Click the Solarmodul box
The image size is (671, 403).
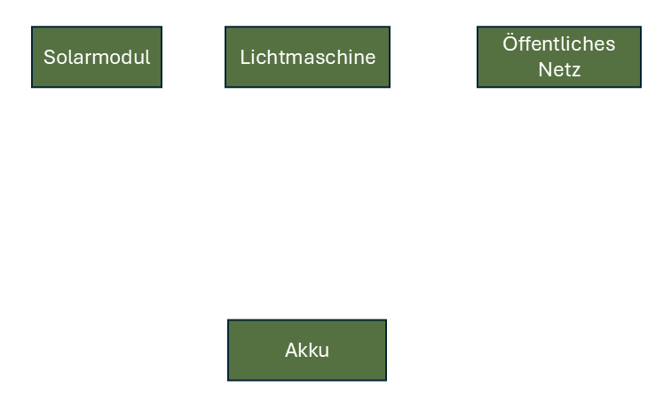coord(97,57)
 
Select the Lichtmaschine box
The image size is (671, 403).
coord(307,57)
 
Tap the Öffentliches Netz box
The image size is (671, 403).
coord(558,57)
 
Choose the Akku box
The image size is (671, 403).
coord(307,350)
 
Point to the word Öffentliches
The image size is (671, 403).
coord(558,44)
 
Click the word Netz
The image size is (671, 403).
coord(559,69)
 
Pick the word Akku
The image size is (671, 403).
coord(307,350)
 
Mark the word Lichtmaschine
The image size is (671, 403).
coord(307,57)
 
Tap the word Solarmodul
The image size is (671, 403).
coord(97,57)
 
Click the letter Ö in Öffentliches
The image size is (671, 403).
coord(509,43)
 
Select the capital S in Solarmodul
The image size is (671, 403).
coord(49,58)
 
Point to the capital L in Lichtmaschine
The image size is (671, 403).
coord(244,58)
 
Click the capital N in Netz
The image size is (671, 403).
coord(544,69)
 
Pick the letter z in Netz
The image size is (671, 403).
coord(576,70)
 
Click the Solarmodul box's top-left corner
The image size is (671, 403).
coord(32,27)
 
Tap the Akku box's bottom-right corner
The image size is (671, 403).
coord(386,380)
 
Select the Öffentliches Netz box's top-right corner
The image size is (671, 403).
coord(640,27)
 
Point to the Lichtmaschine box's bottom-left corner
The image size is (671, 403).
coord(225,87)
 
